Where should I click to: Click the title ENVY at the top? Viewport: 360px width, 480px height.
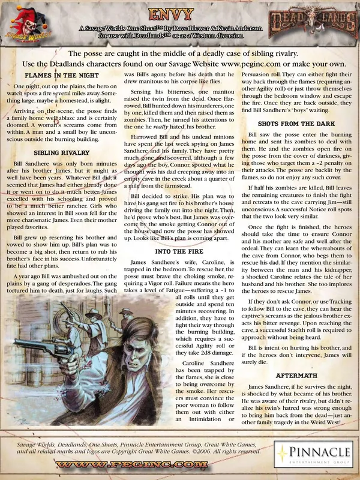(180, 12)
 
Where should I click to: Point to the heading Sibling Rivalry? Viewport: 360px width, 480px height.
(58, 153)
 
